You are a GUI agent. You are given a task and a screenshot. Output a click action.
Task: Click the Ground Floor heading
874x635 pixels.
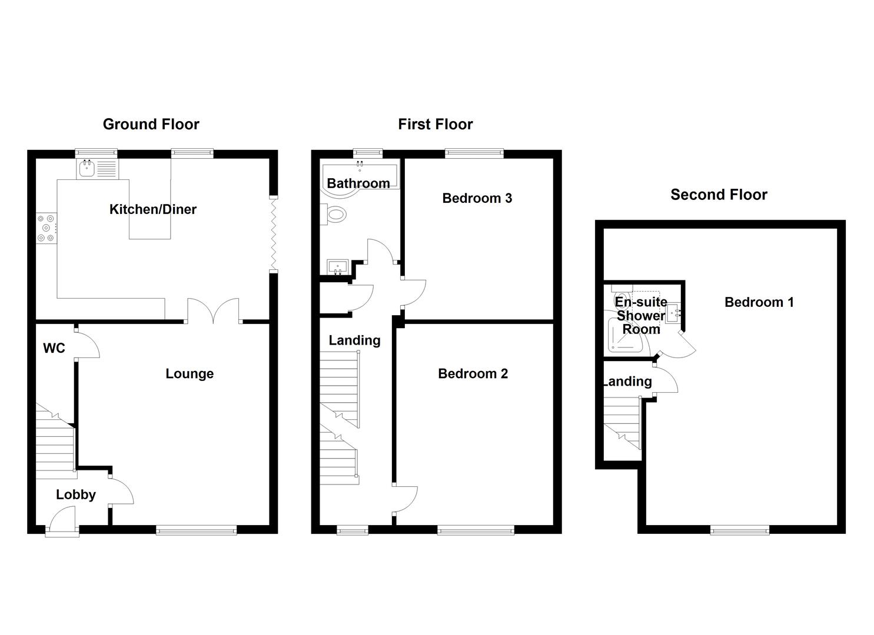click(151, 124)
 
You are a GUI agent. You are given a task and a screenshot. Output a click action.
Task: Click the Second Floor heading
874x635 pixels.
click(719, 195)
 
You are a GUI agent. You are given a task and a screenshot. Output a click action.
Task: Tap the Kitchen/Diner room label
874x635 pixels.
click(153, 209)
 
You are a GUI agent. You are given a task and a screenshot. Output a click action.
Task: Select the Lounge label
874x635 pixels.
click(190, 374)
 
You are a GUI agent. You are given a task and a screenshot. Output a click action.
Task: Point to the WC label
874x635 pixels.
click(54, 349)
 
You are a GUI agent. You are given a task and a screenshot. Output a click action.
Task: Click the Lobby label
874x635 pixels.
click(76, 494)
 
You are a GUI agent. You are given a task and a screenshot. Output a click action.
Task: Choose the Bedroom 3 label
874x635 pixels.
click(477, 198)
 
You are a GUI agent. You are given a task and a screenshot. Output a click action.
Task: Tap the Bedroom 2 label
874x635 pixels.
click(473, 374)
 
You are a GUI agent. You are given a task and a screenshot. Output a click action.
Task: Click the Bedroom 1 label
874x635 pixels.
click(759, 302)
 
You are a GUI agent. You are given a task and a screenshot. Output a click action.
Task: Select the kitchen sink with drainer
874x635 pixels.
click(97, 169)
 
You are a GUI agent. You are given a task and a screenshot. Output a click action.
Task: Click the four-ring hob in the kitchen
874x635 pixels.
click(46, 229)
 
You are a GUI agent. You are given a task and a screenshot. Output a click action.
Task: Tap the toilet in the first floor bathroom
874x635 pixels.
click(334, 215)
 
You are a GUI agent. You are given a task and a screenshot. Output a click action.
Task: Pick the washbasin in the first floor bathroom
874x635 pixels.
click(338, 268)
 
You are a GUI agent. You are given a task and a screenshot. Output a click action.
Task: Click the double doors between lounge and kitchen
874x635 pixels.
click(214, 310)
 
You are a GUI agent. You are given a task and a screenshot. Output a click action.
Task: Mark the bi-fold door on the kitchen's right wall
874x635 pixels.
click(273, 234)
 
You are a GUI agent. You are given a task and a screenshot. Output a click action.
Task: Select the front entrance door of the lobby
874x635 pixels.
click(63, 523)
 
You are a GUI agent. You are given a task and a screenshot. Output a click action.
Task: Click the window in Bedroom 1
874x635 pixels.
click(739, 530)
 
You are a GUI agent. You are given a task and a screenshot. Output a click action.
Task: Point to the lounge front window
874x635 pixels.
click(197, 530)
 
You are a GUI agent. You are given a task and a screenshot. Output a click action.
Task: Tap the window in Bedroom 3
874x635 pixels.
click(474, 154)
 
